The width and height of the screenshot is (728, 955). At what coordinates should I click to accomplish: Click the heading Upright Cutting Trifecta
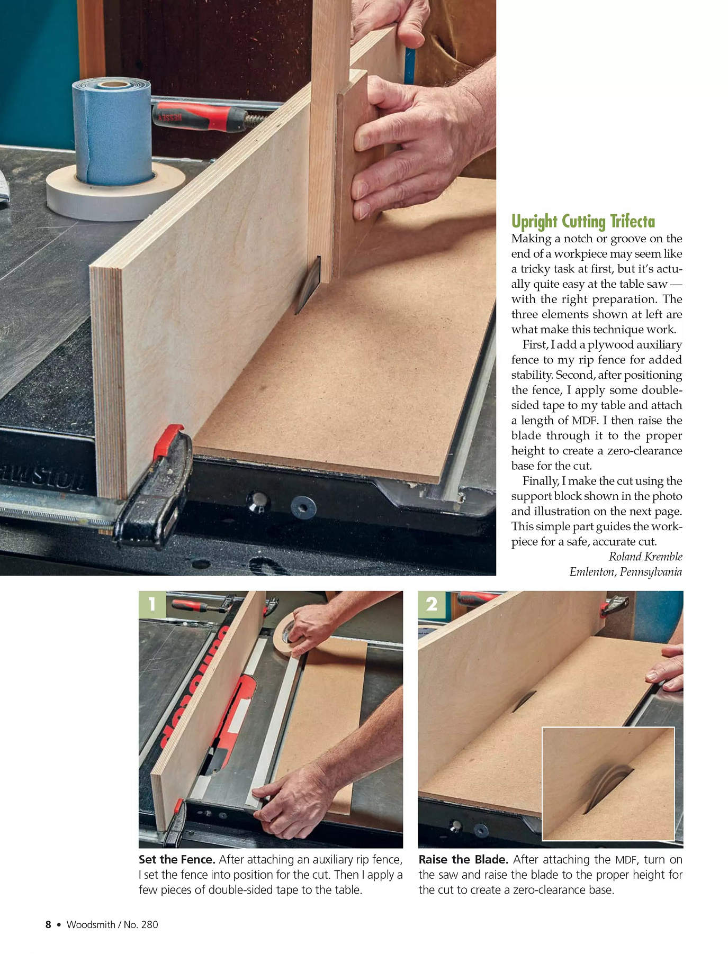tap(583, 221)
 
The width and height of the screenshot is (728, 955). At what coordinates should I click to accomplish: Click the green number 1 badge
tap(152, 604)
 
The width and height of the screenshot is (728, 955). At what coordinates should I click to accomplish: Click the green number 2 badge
tap(432, 604)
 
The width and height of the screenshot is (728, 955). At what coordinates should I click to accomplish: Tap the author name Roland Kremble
tap(645, 557)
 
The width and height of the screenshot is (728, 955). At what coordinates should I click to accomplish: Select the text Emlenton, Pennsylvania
tap(626, 572)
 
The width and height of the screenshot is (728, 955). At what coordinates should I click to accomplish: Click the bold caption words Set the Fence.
tap(177, 859)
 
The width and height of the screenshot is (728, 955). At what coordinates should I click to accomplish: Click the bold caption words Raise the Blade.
tap(463, 859)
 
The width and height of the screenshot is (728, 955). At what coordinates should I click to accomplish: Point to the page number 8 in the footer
tap(48, 924)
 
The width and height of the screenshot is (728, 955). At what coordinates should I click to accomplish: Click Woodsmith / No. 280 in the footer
tap(112, 924)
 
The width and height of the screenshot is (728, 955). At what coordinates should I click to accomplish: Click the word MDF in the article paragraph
tap(585, 421)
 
